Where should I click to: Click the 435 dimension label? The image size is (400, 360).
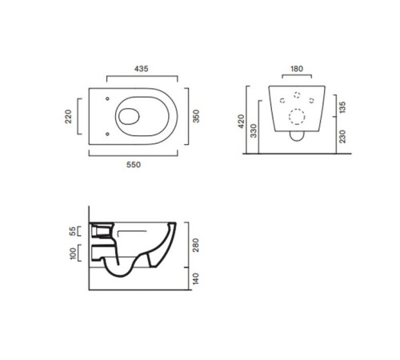point(141,69)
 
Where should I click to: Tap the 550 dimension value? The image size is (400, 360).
point(134,165)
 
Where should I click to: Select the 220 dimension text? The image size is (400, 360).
point(69,116)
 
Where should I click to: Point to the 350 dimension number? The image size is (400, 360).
point(196,116)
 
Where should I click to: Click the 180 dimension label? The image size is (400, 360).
point(297,69)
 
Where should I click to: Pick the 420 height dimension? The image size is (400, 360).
point(241,121)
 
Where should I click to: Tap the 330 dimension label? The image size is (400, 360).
point(254,130)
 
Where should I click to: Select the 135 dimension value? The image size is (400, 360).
point(342,107)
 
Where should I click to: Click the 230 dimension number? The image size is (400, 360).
point(342,137)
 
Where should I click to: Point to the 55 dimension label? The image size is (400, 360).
point(72,231)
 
